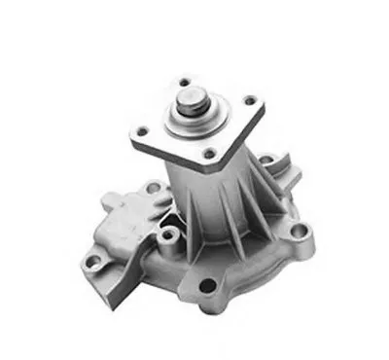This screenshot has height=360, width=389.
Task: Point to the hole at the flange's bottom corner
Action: click(208, 152)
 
